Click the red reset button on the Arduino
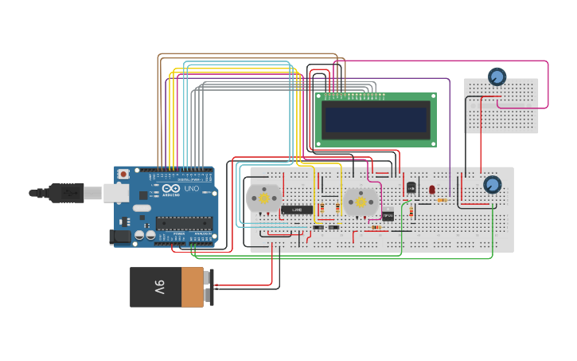123,174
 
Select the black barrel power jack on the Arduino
121,236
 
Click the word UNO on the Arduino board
192,188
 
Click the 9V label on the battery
159,287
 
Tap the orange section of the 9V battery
193,287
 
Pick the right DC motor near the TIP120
361,202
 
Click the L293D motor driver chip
296,210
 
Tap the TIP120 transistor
388,214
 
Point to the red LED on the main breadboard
431,190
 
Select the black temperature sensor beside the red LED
411,188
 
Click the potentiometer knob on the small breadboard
497,77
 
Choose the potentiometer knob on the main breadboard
492,185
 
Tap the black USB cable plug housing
65,193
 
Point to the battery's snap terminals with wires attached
209,287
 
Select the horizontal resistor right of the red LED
442,200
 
